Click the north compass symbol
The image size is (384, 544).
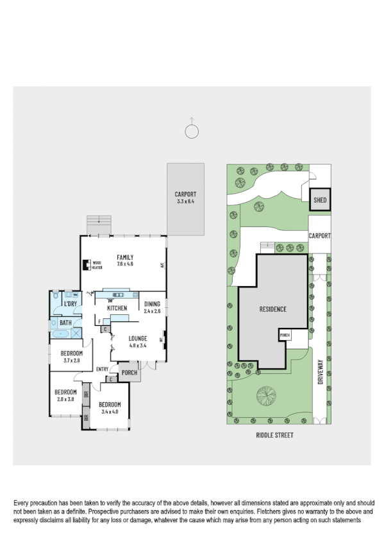point(191,131)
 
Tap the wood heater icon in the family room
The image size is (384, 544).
point(86,265)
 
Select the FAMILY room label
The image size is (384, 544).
point(125,257)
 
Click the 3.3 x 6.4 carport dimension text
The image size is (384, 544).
point(185,201)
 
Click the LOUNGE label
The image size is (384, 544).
point(138,338)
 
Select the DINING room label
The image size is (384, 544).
point(152,304)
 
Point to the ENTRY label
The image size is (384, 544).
point(102,369)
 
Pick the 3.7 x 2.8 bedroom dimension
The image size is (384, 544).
point(71,361)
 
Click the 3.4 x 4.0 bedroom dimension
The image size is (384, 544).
point(110,412)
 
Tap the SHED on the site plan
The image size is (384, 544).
point(320,200)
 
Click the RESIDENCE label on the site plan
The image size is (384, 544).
point(272,309)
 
